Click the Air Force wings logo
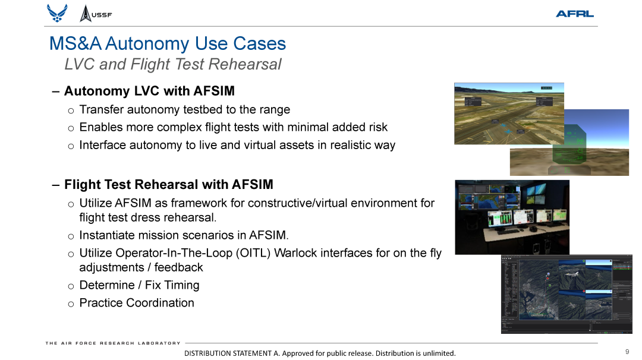click(57, 13)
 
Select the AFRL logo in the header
click(574, 14)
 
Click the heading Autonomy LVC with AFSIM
click(149, 91)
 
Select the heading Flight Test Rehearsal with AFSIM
click(168, 185)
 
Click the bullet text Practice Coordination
click(137, 303)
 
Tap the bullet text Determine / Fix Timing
click(139, 285)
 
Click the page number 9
click(627, 352)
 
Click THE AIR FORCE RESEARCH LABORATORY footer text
click(113, 343)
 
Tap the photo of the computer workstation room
click(512, 217)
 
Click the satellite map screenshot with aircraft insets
click(566, 293)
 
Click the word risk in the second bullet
click(376, 127)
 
